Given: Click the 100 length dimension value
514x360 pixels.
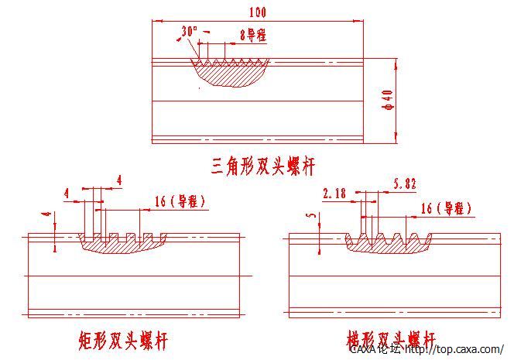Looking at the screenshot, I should click(x=258, y=12).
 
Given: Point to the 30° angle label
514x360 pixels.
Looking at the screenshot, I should click(x=190, y=31).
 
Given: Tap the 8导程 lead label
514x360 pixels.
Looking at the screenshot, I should click(x=254, y=34).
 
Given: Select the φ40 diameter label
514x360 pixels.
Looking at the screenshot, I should click(x=388, y=101).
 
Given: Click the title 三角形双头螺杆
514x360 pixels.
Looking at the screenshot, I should click(x=262, y=165).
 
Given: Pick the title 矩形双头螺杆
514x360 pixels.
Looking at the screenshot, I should click(x=123, y=340).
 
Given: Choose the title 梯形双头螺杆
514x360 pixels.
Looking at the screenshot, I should click(x=390, y=340).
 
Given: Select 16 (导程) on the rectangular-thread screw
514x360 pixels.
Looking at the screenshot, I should click(x=180, y=201).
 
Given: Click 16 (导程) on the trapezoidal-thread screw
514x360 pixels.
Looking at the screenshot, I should click(x=446, y=208).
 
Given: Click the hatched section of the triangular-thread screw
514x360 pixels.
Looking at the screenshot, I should click(x=229, y=74).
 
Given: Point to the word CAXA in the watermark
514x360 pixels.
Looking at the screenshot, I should click(x=362, y=350).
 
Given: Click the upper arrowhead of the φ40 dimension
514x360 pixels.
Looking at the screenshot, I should click(x=396, y=62).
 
